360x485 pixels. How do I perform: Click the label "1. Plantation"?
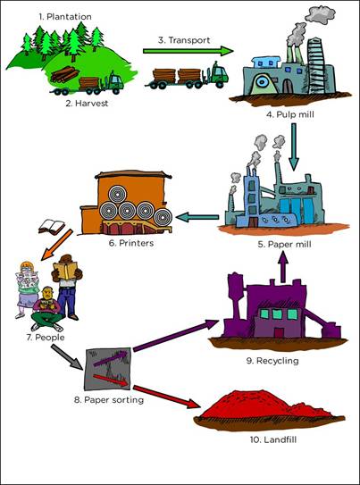click(65, 16)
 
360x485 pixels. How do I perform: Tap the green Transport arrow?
click(188, 51)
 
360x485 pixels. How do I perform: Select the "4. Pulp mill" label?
click(289, 115)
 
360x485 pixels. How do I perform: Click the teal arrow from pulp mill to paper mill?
click(294, 146)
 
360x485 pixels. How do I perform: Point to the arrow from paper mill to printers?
click(197, 217)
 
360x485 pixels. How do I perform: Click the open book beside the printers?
click(51, 227)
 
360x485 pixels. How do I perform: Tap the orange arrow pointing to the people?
click(56, 245)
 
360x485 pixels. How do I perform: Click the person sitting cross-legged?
click(47, 309)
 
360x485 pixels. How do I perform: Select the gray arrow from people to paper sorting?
click(67, 356)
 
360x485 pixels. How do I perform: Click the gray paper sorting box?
click(107, 369)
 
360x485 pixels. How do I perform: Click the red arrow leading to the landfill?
click(166, 397)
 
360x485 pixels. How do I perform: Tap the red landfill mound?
click(268, 406)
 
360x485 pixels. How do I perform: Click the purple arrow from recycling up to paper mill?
click(282, 270)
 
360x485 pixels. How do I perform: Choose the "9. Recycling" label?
click(272, 361)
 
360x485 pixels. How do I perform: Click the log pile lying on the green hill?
click(64, 74)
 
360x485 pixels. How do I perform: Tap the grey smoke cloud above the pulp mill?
click(320, 14)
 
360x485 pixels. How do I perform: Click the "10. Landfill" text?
click(273, 439)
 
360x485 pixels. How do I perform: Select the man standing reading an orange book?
click(67, 286)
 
